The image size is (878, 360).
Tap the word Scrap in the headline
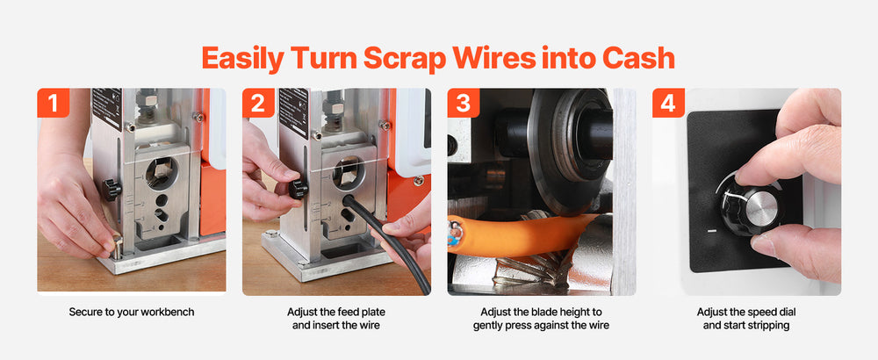tap(405, 58)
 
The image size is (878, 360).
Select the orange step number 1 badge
tap(54, 103)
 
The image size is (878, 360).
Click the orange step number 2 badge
tap(258, 103)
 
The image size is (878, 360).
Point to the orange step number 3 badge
tap(463, 103)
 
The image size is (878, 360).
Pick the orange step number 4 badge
tap(668, 103)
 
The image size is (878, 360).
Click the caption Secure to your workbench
tap(132, 312)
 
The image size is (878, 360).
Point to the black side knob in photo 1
tap(112, 190)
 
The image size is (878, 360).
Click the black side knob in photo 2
tap(298, 188)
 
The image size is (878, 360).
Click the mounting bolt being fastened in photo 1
tap(117, 245)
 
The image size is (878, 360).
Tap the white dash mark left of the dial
tap(712, 230)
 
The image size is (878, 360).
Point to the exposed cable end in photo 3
tap(455, 234)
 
